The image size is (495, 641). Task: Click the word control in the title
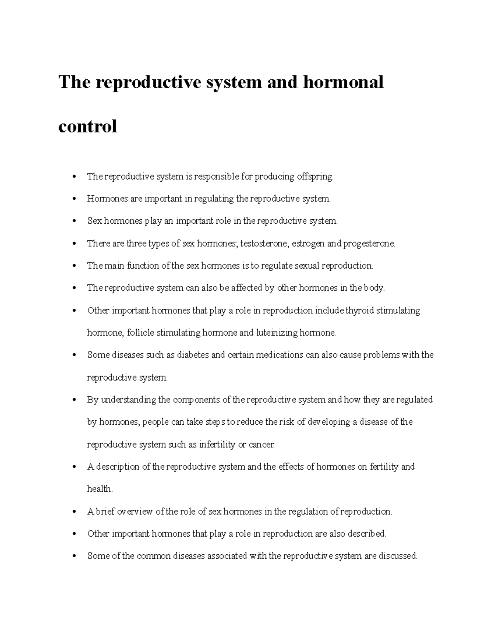click(x=87, y=126)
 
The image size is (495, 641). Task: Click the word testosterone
click(x=264, y=244)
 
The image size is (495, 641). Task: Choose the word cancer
click(x=262, y=445)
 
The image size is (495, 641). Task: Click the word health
click(x=99, y=489)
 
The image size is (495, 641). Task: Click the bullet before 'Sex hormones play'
click(x=74, y=221)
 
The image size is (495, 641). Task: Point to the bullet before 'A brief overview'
click(x=74, y=512)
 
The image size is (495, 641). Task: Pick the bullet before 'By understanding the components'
click(x=74, y=400)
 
